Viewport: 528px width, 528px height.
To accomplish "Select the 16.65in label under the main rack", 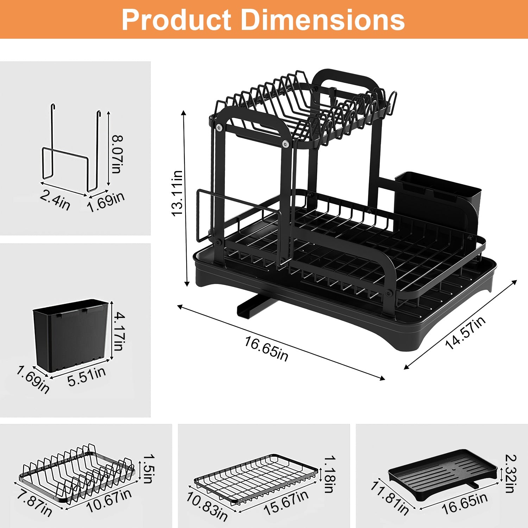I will pos(266,348).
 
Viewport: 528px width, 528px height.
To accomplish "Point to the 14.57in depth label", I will pos(465,333).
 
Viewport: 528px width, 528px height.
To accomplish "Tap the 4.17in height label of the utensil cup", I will pos(119,331).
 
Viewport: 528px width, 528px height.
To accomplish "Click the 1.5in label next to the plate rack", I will pos(148,469).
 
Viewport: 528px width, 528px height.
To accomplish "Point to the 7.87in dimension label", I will pos(34,504).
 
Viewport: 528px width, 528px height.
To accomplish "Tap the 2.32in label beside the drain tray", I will pos(510,473).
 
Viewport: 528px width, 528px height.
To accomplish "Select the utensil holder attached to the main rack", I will pos(438,197).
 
